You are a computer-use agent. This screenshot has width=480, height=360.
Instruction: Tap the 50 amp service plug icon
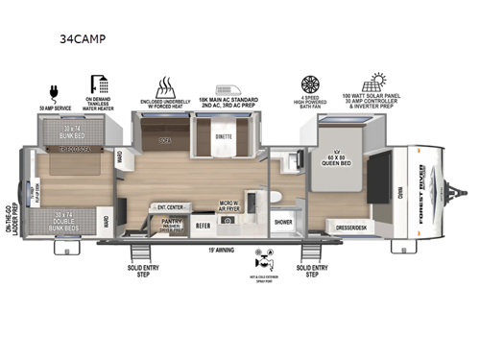[x=53, y=84]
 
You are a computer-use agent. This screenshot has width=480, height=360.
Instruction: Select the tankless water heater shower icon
[x=101, y=84]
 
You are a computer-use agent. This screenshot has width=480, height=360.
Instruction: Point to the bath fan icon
[x=309, y=84]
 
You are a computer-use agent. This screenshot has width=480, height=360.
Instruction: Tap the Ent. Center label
[x=170, y=204]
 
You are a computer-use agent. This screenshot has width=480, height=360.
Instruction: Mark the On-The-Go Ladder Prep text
[x=11, y=231]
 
